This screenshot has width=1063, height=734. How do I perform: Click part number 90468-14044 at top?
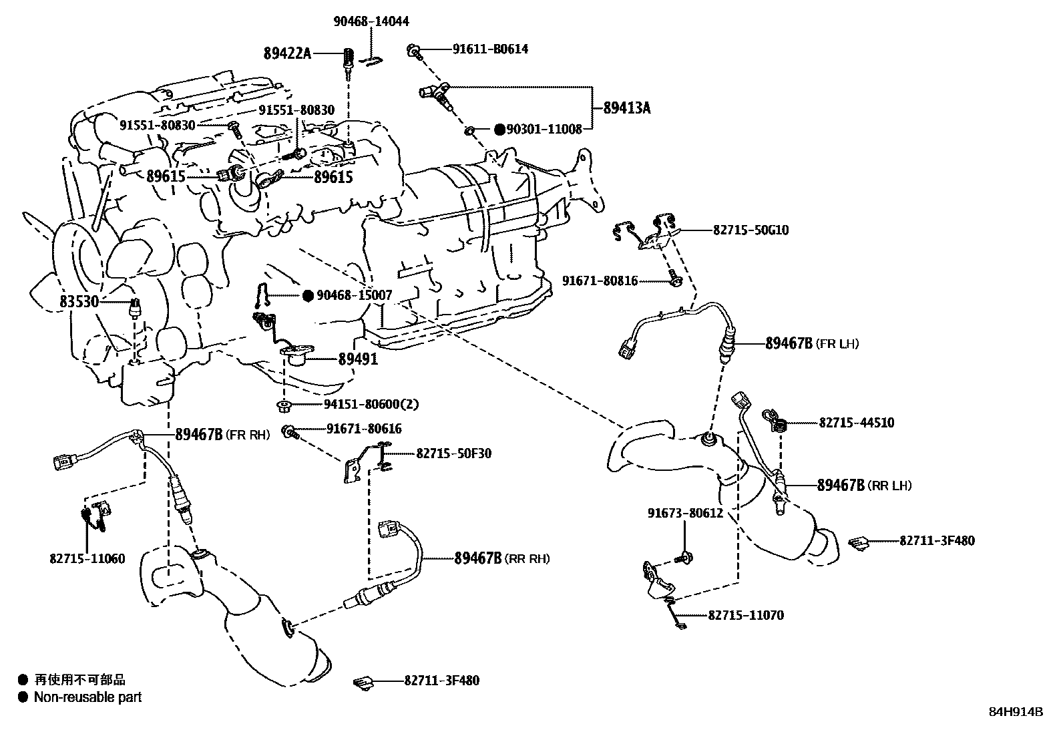click(371, 21)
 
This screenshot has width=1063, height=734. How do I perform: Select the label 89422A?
click(287, 53)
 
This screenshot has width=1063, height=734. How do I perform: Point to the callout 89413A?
click(626, 108)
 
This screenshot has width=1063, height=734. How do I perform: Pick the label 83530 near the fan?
click(79, 302)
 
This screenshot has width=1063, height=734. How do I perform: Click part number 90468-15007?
click(354, 295)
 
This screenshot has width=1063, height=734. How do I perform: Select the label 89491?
click(357, 359)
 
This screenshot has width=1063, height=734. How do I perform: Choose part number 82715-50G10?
click(751, 230)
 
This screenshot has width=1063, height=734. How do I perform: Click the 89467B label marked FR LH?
click(788, 343)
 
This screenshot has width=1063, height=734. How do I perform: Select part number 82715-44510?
click(856, 423)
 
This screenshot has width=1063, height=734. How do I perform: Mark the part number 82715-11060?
click(87, 558)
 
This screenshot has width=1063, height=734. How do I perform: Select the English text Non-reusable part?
click(88, 697)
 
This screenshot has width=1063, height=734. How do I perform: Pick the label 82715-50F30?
click(453, 453)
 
